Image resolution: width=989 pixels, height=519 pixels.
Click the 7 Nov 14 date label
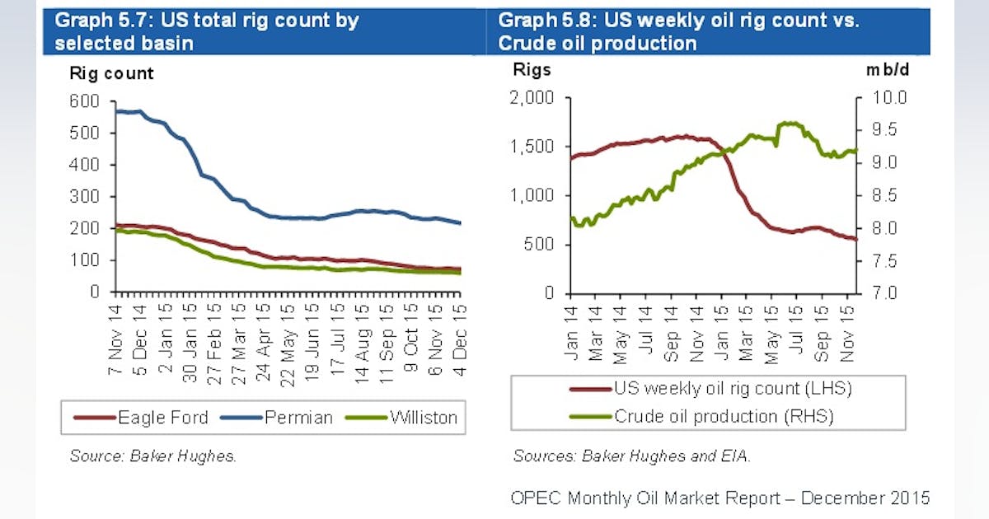(115, 338)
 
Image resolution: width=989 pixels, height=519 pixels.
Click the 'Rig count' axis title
(111, 73)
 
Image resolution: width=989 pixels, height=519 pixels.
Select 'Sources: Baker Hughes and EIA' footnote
(631, 456)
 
